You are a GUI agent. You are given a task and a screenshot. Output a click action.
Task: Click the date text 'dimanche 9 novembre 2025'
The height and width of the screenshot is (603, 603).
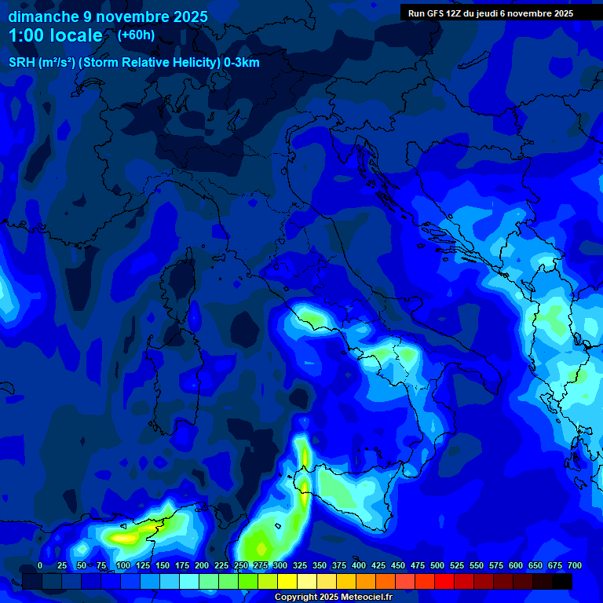pos(108,16)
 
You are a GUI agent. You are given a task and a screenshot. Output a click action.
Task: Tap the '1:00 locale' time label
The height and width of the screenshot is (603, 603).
pos(55,35)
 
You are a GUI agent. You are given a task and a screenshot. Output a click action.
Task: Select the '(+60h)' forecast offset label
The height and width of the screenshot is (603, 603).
pos(136,35)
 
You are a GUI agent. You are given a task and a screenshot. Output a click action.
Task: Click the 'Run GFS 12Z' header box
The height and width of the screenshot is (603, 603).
pos(490,13)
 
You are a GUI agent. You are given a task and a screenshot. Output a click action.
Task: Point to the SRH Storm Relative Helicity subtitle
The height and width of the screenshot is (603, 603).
pos(133,63)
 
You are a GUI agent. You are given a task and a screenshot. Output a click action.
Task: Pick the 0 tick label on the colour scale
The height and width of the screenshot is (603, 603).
pos(40,566)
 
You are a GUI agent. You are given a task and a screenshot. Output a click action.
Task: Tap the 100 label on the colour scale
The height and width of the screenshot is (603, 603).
pos(122,566)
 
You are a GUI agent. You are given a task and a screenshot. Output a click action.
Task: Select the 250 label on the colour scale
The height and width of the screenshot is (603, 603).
pos(240,566)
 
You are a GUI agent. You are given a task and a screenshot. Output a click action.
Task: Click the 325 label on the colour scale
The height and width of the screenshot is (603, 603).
pos(299,566)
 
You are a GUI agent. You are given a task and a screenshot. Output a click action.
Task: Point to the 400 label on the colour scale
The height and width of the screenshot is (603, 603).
pos(359,566)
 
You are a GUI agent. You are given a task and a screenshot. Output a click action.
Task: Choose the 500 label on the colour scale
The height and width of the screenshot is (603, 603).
pos(437,566)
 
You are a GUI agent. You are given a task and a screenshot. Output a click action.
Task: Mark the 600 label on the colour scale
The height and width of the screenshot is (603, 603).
pos(516,566)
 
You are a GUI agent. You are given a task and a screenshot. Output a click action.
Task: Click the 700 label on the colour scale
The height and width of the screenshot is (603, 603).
pos(575,566)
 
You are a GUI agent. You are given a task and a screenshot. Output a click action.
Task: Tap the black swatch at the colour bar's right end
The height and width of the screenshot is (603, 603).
pos(562,581)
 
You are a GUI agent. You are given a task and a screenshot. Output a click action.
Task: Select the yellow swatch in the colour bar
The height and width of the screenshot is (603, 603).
pos(287,581)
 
